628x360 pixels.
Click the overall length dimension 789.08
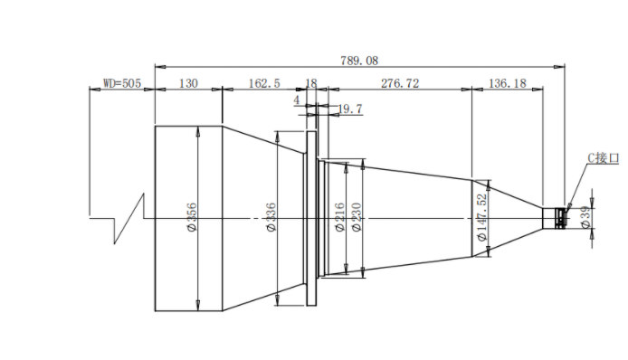[x=359, y=61]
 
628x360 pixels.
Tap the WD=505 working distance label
[x=122, y=83]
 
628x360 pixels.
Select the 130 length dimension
[x=188, y=83]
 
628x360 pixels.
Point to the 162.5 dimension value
[x=264, y=83]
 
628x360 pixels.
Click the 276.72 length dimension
[x=400, y=83]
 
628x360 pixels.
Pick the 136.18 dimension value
[x=508, y=83]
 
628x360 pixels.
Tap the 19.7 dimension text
[x=350, y=109]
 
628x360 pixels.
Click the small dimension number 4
[x=297, y=99]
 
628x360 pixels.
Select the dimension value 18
[x=311, y=83]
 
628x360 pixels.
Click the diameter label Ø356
[x=192, y=217]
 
